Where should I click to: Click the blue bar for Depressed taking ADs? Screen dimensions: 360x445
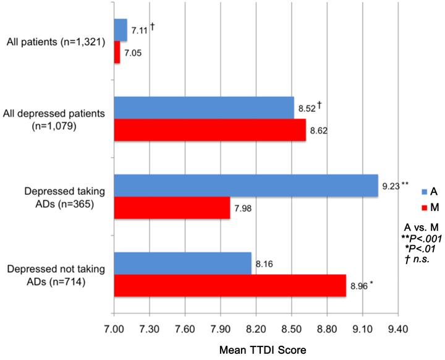coord(245,186)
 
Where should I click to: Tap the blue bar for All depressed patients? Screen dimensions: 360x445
coord(203,108)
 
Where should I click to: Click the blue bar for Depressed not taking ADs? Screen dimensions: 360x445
coord(182,264)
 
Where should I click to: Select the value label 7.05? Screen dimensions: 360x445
coord(133,54)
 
